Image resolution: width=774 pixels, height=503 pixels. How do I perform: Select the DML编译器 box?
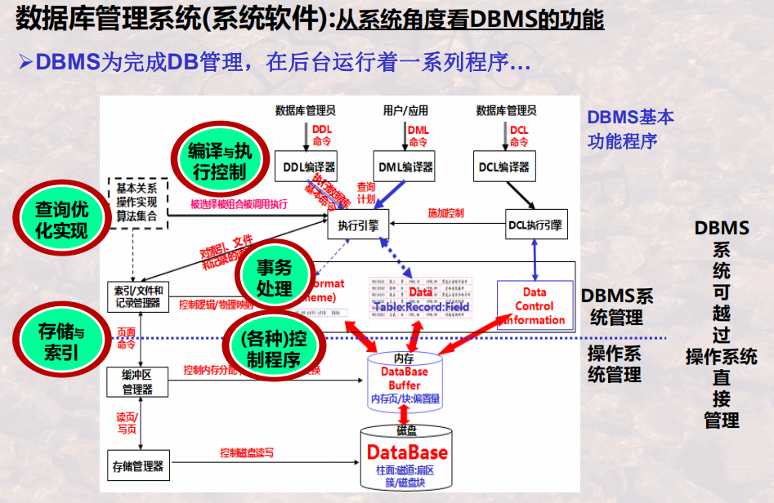[404, 167]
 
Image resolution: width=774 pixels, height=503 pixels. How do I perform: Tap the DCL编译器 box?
[504, 167]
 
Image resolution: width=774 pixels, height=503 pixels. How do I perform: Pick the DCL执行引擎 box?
[535, 224]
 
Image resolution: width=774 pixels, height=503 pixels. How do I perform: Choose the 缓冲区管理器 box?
[138, 382]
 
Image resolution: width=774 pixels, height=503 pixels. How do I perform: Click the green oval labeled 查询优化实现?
[61, 220]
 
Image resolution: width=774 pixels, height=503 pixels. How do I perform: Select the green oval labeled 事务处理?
[274, 278]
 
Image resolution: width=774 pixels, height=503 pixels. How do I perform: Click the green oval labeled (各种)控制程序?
[273, 348]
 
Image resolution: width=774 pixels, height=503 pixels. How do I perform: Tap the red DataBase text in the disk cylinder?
[407, 452]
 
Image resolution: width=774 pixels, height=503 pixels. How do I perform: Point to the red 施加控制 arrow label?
[445, 213]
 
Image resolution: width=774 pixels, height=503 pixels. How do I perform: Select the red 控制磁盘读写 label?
[246, 452]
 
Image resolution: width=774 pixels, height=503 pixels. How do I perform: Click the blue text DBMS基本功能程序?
[630, 129]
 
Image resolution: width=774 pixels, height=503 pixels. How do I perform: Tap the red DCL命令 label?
[518, 136]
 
